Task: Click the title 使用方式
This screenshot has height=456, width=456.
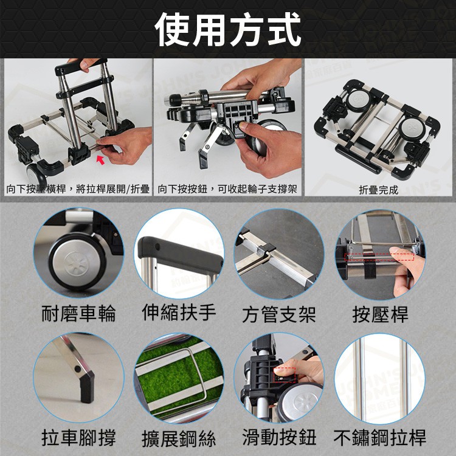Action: [x=228, y=30]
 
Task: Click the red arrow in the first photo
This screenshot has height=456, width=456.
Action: [x=100, y=160]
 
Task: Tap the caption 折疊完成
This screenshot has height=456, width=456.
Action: [x=378, y=190]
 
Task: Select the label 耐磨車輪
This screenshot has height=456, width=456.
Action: [x=78, y=313]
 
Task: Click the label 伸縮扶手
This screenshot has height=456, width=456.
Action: [x=179, y=313]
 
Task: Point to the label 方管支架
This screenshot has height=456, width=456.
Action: [x=279, y=314]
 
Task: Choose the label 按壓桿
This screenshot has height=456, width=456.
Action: [x=380, y=314]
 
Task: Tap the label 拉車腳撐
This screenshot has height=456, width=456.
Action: [x=78, y=437]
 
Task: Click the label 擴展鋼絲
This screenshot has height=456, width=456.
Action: [x=179, y=439]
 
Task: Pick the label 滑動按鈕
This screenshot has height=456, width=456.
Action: [x=279, y=437]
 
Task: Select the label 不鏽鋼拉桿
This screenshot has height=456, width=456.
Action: [x=379, y=437]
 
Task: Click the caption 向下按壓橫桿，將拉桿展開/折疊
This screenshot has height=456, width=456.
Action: [x=78, y=189]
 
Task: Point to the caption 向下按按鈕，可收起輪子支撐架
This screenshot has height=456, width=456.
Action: [x=227, y=189]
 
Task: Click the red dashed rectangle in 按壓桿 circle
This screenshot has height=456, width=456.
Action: [x=379, y=257]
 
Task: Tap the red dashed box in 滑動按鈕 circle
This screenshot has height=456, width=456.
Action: [x=285, y=375]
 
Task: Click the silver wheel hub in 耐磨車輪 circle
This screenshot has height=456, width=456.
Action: [x=75, y=261]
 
